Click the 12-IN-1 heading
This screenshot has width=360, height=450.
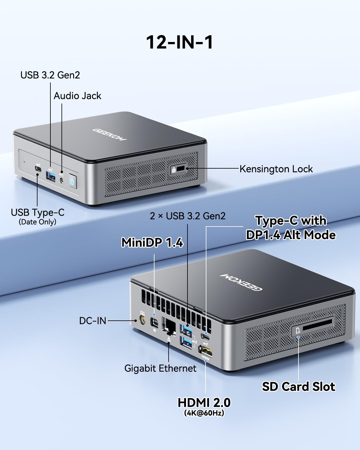[180, 42]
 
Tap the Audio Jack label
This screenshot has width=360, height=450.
[77, 96]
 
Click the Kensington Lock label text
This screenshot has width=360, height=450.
[276, 169]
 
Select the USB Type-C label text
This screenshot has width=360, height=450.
[37, 212]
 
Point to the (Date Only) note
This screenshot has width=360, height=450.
[37, 222]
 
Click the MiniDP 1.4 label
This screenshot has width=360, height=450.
[152, 242]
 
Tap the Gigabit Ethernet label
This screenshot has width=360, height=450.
[160, 368]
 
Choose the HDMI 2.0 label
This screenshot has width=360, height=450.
[204, 403]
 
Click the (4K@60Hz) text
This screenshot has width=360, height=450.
[204, 413]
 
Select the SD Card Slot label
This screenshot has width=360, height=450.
[298, 386]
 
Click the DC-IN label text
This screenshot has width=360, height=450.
[93, 321]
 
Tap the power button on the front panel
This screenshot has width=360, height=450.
[73, 181]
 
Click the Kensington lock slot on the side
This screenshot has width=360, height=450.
[181, 169]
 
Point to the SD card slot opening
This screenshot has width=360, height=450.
[317, 325]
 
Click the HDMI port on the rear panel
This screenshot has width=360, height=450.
[205, 351]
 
